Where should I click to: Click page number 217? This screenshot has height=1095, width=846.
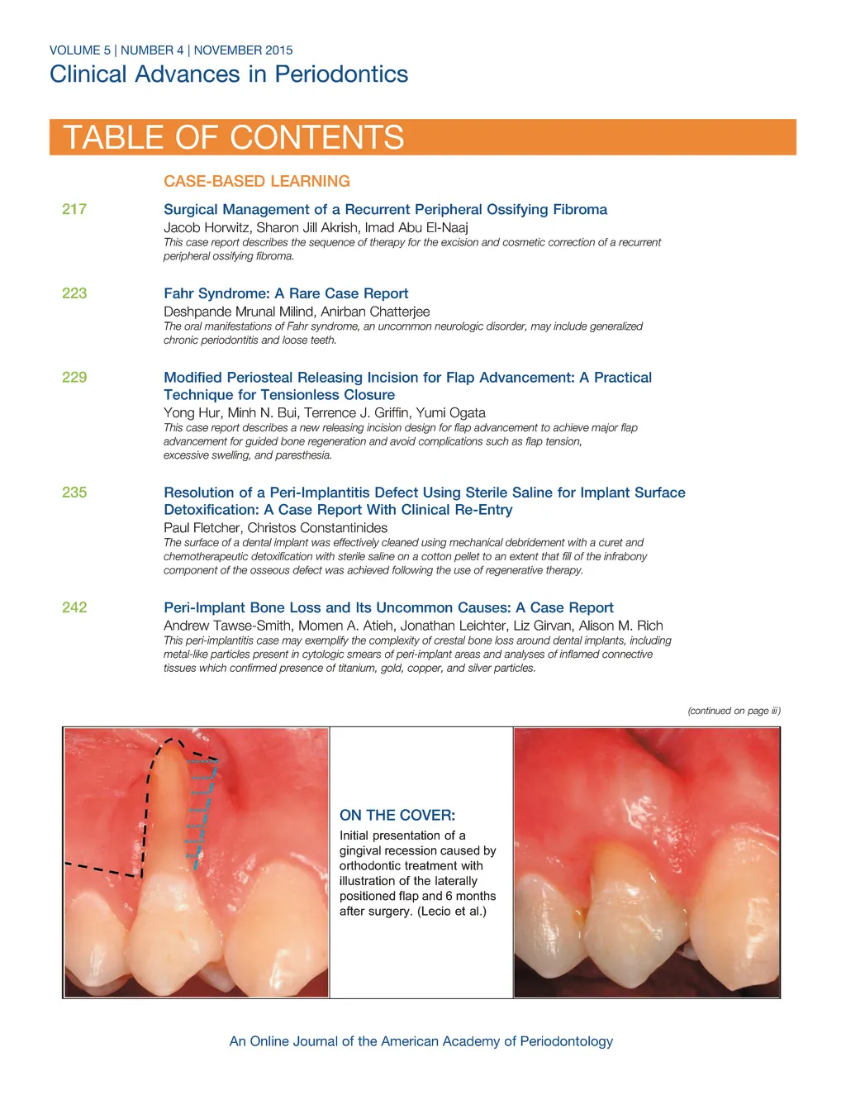[x=74, y=209]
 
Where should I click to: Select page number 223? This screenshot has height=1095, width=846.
[x=74, y=293]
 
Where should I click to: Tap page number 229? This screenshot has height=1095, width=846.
[x=74, y=378]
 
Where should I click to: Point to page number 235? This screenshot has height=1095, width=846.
[x=74, y=493]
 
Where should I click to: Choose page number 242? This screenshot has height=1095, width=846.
[x=74, y=607]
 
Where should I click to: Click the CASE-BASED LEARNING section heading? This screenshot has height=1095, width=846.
[x=256, y=181]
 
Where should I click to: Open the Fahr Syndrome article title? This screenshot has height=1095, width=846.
[x=286, y=293]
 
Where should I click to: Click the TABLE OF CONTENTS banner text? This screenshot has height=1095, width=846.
[x=234, y=137]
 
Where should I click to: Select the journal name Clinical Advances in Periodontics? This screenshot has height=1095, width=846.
[x=229, y=74]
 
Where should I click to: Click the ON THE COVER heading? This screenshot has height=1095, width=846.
[x=397, y=815]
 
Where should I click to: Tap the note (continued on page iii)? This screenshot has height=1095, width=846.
[x=734, y=711]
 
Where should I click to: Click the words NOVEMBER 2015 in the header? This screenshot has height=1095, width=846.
[x=243, y=50]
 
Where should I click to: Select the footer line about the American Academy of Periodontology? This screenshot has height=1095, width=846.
[x=421, y=1041]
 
